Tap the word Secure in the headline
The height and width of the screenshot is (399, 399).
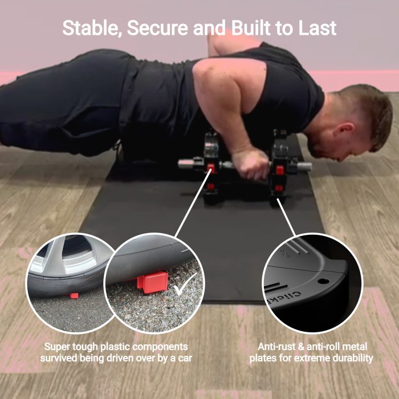(x=157, y=28)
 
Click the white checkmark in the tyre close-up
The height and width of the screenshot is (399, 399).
(x=185, y=284)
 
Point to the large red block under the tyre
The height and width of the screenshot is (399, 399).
(x=153, y=282)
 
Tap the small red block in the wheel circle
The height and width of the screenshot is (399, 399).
(x=74, y=296)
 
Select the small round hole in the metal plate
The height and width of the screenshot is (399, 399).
(x=323, y=282)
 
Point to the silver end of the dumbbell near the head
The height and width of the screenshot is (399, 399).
(x=304, y=166)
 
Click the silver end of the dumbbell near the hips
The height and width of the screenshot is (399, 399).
(x=186, y=164)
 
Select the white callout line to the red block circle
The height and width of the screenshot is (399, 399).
(x=193, y=202)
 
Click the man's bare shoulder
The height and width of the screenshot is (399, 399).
(x=216, y=76)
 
